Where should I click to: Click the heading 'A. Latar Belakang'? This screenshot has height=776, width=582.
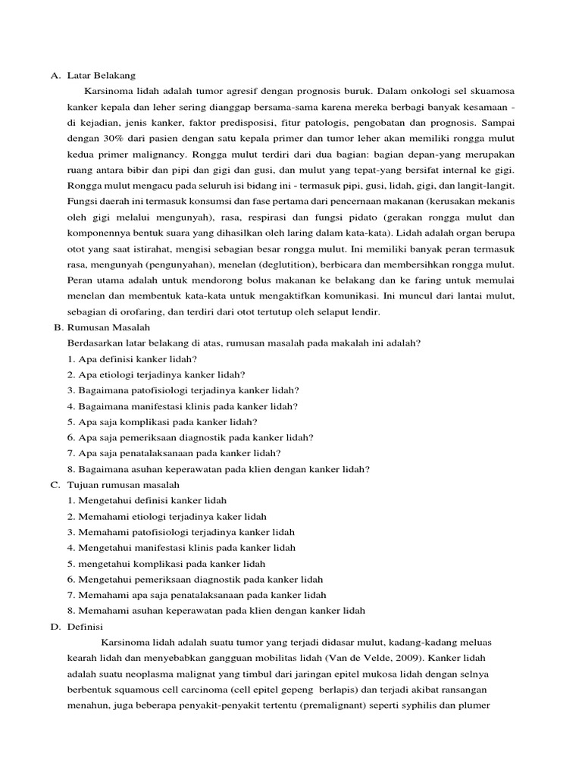point(92,76)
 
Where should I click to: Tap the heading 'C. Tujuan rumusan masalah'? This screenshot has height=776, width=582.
point(114,484)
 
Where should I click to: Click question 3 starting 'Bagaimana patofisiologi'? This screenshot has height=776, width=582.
point(183,390)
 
